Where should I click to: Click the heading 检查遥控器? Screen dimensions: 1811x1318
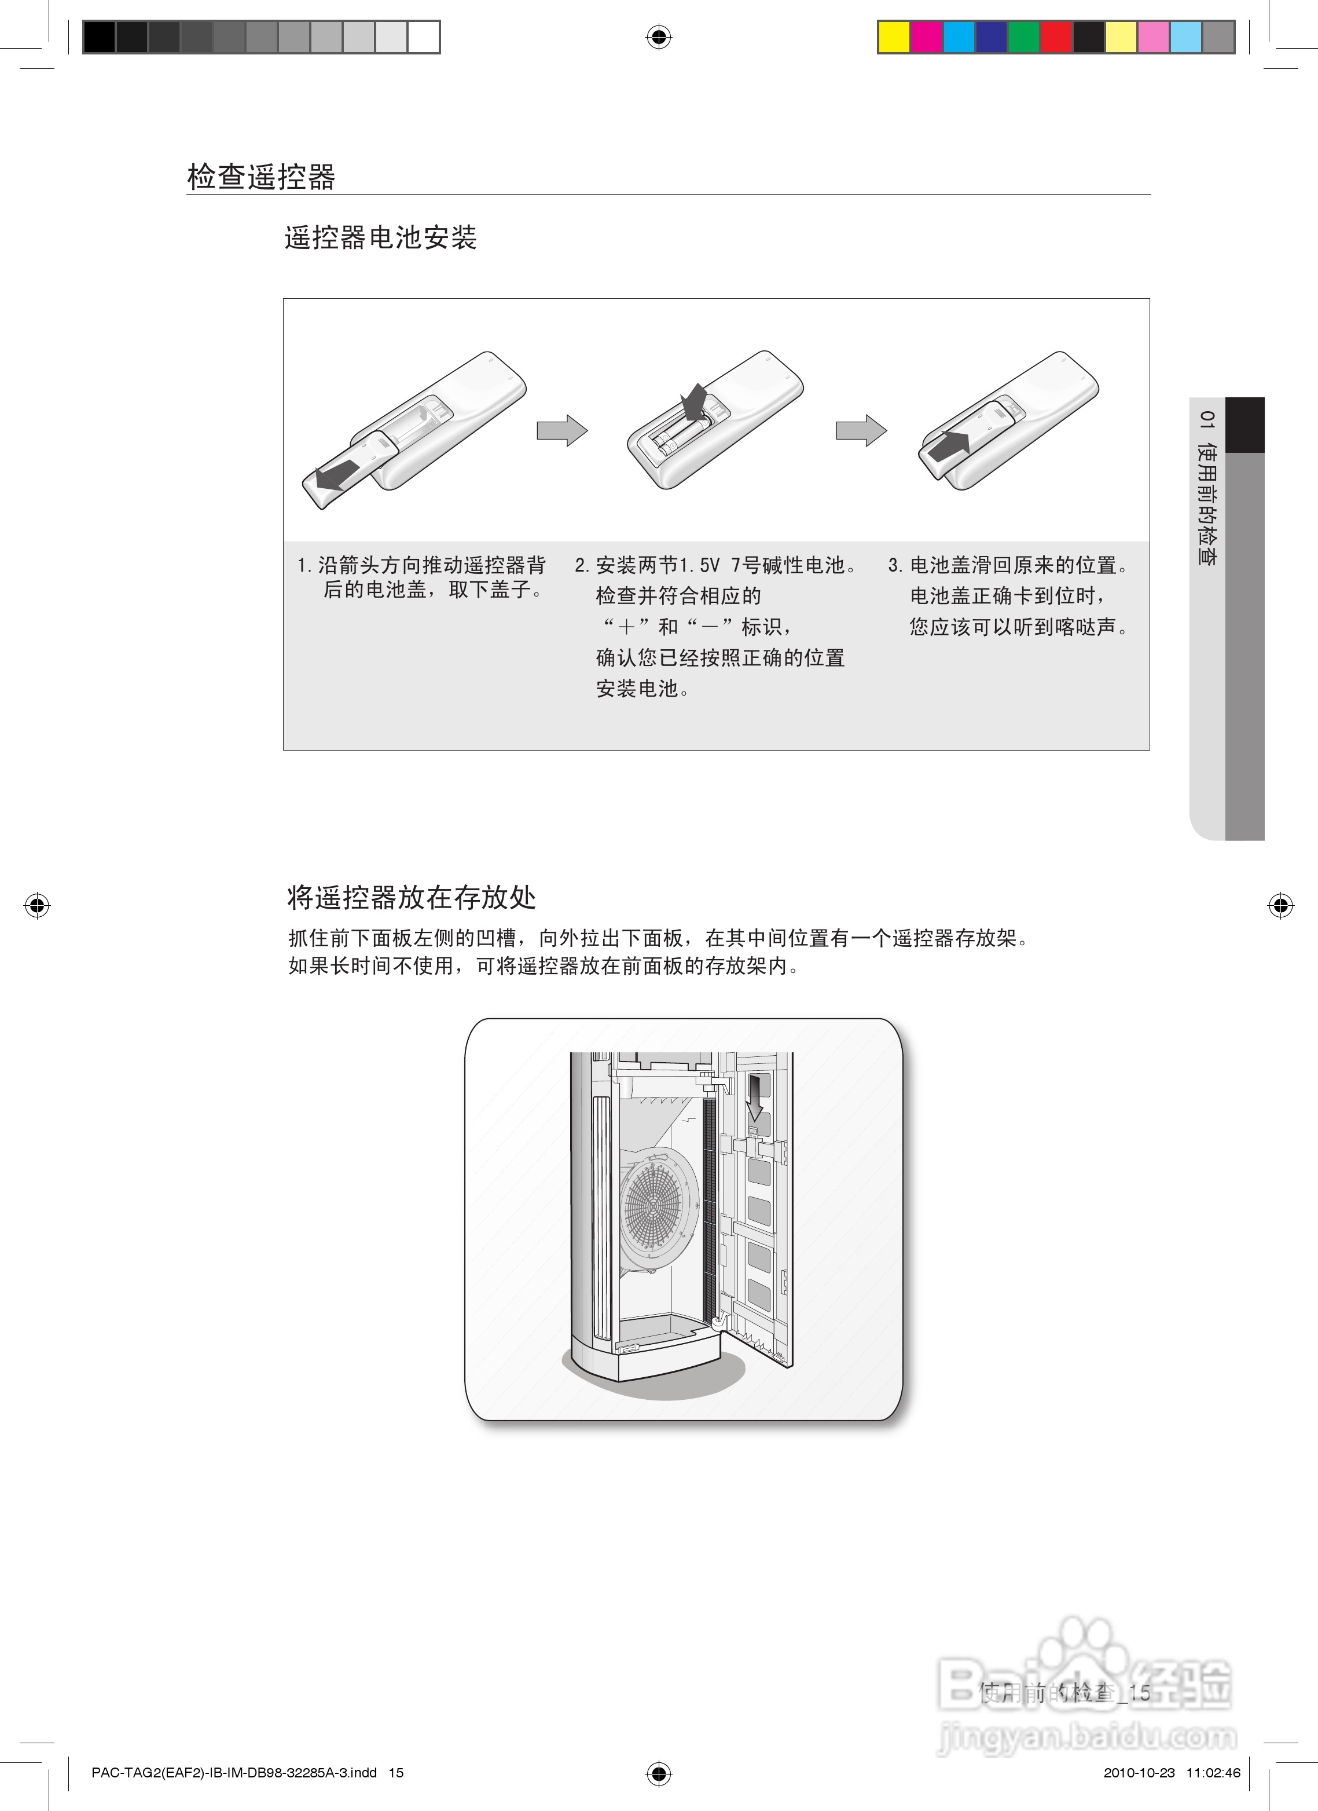tap(261, 177)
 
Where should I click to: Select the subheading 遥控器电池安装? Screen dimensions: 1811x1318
tap(380, 237)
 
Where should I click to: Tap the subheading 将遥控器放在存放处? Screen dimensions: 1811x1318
tap(411, 898)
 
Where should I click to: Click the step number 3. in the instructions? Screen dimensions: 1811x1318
tap(895, 565)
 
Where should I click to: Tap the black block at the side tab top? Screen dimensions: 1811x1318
tap(1244, 424)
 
